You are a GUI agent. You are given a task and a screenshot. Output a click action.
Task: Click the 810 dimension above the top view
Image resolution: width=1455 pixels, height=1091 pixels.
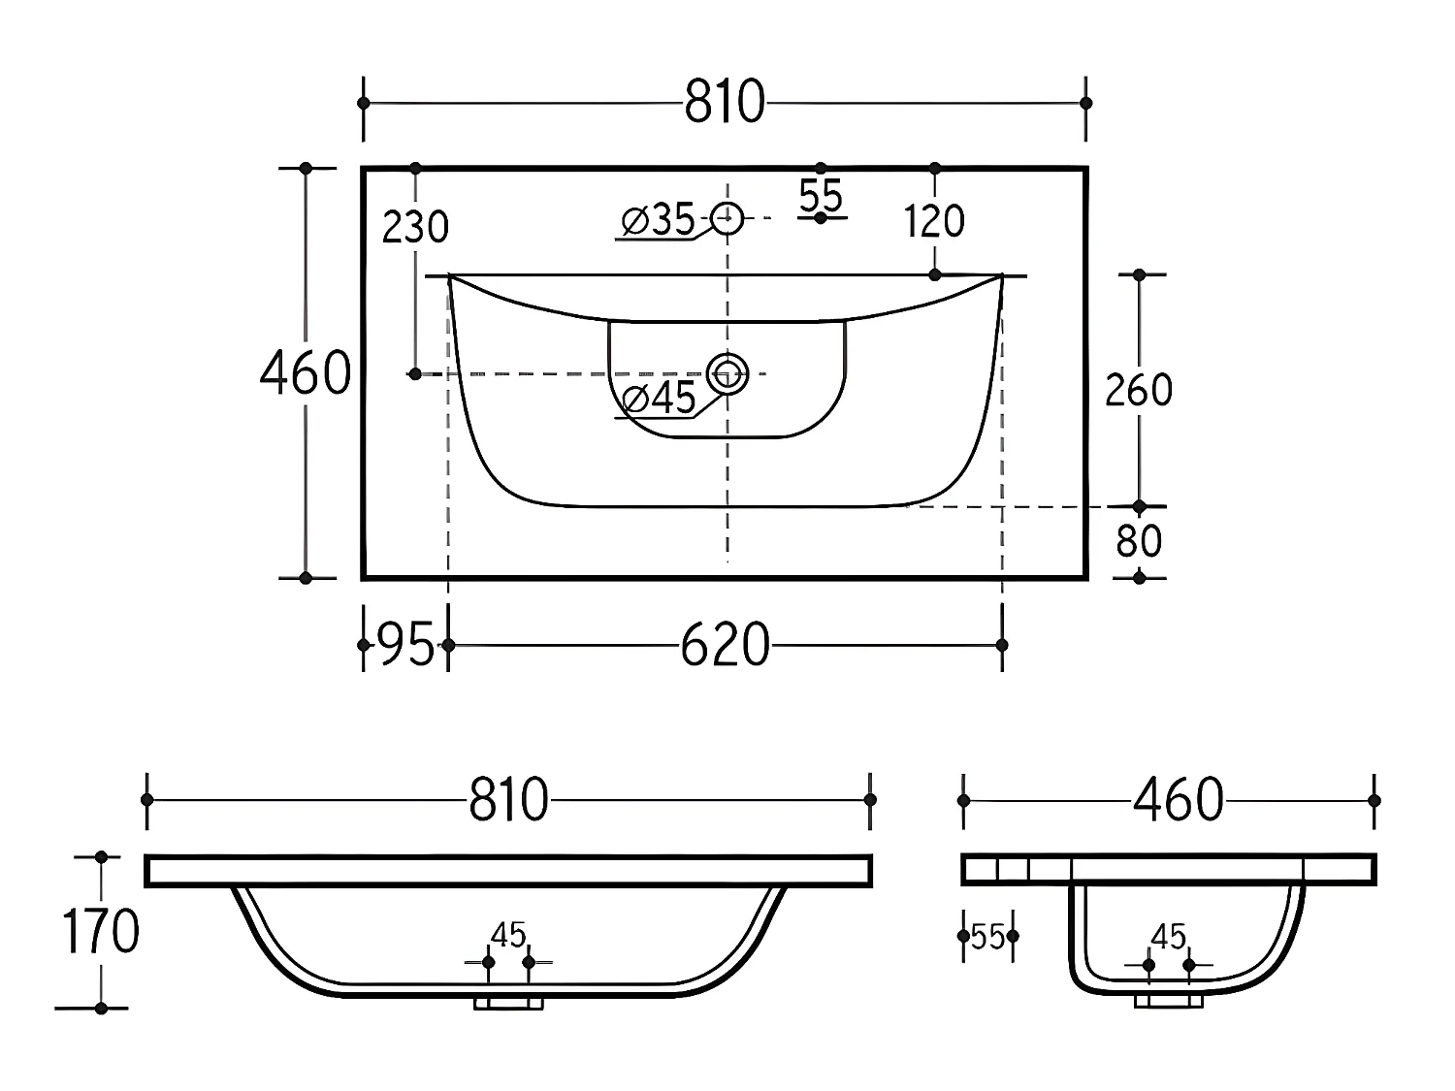point(725,102)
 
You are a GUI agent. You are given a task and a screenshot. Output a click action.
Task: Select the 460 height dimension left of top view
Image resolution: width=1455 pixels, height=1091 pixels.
point(305,373)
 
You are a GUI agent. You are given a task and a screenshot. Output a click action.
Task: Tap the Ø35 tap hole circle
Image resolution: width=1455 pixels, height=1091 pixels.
point(727,218)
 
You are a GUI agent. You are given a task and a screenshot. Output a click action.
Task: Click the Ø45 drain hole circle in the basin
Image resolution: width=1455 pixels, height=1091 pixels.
point(727,373)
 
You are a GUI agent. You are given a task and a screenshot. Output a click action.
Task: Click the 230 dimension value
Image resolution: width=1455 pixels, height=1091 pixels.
point(415,227)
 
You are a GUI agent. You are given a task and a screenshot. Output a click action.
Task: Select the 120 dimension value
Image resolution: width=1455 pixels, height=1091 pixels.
point(934,222)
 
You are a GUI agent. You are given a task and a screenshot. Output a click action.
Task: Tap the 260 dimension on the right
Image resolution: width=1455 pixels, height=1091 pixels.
point(1139,390)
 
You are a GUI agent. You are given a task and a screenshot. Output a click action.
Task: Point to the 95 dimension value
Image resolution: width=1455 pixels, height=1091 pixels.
point(404,645)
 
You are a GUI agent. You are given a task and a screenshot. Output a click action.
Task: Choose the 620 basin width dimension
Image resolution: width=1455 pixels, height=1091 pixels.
point(725,645)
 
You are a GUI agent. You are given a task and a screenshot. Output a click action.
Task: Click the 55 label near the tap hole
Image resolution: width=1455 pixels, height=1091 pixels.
point(821,196)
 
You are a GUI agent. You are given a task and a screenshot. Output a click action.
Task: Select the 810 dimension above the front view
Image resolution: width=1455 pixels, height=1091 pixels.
point(508,800)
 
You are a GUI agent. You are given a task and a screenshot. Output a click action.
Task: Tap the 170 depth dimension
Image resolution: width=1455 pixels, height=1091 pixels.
point(101,932)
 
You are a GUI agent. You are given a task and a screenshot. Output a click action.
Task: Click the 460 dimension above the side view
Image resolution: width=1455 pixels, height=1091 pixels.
point(1178,800)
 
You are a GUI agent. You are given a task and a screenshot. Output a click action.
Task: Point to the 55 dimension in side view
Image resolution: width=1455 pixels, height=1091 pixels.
point(987,937)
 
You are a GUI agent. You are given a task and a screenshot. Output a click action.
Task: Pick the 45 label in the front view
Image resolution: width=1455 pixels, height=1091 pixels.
point(508,936)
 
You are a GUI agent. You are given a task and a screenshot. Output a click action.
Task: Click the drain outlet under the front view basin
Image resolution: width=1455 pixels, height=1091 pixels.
point(508,1002)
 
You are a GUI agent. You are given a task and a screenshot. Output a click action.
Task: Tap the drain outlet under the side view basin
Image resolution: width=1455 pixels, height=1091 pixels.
point(1169,1001)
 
